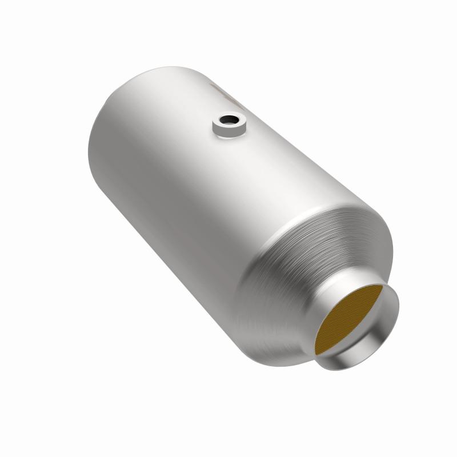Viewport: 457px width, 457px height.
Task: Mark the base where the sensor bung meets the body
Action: click(x=228, y=136)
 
